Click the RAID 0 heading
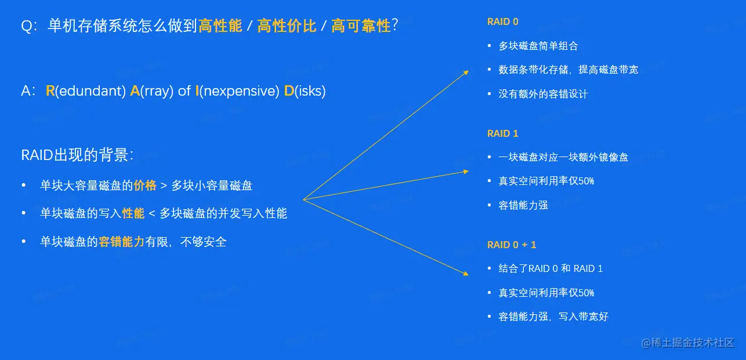[x=502, y=21]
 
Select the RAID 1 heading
[x=502, y=133]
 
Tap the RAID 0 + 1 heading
[x=512, y=245]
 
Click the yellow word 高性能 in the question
[x=220, y=26]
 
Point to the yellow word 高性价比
[x=287, y=26]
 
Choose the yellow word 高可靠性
[x=361, y=26]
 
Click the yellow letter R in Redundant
[x=50, y=91]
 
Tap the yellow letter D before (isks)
[x=289, y=91]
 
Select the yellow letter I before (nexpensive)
[x=197, y=91]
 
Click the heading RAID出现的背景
[x=77, y=155]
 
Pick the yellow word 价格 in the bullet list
[x=145, y=186]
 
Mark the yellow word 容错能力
[x=122, y=242]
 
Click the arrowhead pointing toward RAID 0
[x=466, y=72]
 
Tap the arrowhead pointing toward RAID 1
[x=466, y=172]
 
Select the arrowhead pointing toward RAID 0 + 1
[x=466, y=274]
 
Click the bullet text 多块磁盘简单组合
[x=538, y=46]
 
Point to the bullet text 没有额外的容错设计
[x=543, y=94]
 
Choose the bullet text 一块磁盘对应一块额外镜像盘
[x=563, y=157]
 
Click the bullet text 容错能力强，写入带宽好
[x=553, y=317]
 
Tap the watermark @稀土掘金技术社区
[x=688, y=343]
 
